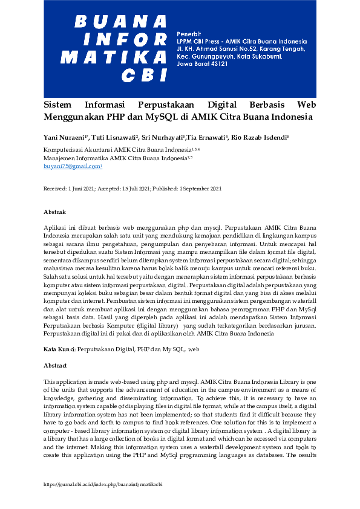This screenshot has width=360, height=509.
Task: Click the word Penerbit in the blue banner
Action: pos(188,31)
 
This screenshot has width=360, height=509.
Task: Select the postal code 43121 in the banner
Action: pos(218,63)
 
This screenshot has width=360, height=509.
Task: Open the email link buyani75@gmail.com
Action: pos(71,166)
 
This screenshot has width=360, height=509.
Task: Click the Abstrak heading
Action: pos(54,212)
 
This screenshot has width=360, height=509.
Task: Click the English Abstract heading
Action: pos(55,366)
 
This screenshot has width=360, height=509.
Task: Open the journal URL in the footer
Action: pos(103,484)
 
